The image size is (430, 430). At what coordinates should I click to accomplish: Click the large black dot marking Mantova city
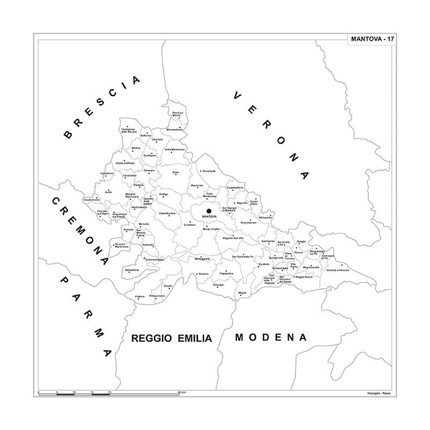pyautogui.click(x=209, y=211)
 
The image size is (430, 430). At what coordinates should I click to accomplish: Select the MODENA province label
pyautogui.click(x=271, y=338)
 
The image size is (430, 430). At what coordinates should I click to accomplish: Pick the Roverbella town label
pyautogui.click(x=208, y=171)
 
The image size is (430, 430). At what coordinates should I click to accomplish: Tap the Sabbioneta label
pyautogui.click(x=132, y=269)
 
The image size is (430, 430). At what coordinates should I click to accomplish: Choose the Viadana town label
pyautogui.click(x=140, y=297)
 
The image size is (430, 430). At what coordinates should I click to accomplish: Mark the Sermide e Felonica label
pyautogui.click(x=338, y=270)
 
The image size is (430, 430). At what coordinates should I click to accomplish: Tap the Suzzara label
pyautogui.click(x=203, y=274)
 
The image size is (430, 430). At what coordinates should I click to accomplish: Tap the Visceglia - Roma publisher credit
pyautogui.click(x=379, y=395)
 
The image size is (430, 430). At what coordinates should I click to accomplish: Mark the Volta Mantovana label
pyautogui.click(x=175, y=149)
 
